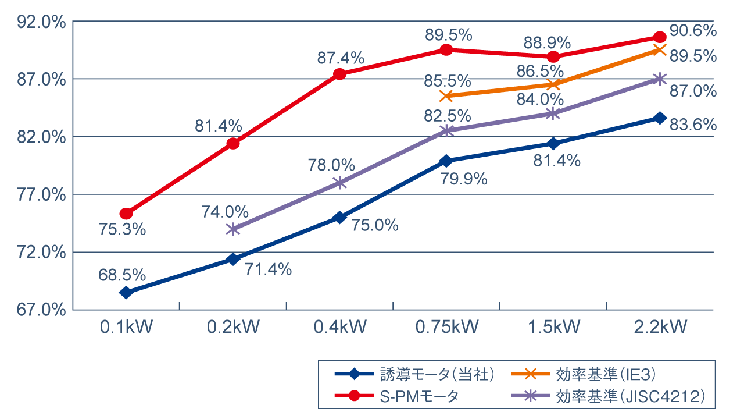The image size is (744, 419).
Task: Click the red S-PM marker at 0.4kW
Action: click(x=340, y=74)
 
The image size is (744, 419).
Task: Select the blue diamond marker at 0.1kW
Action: click(x=126, y=292)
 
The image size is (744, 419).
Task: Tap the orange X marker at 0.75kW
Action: click(x=446, y=95)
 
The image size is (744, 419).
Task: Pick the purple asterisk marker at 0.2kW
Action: click(x=233, y=229)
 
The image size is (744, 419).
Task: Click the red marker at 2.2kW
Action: click(x=660, y=37)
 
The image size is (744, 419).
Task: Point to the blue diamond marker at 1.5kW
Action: click(x=553, y=143)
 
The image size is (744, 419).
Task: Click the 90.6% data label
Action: click(x=693, y=31)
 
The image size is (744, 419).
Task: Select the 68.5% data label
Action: click(x=122, y=274)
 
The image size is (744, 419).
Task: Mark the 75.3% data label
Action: click(x=122, y=229)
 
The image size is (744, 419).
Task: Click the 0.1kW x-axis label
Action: click(x=126, y=327)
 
